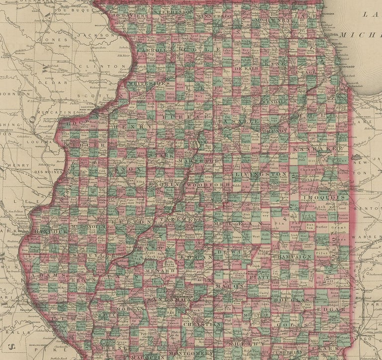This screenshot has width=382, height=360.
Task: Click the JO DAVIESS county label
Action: tap(131, 16)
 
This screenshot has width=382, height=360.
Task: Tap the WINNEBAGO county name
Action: tap(215, 16)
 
